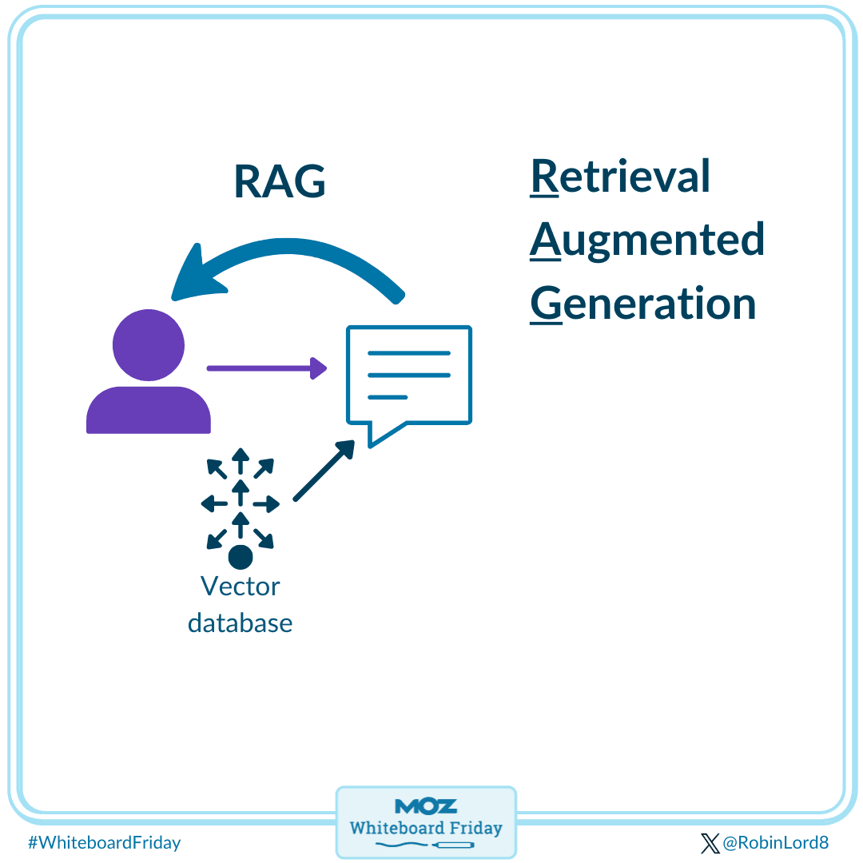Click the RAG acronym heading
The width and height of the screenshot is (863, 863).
(280, 182)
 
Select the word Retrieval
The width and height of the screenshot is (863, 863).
(620, 176)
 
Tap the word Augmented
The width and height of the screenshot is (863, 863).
(647, 240)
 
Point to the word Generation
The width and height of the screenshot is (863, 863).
(642, 304)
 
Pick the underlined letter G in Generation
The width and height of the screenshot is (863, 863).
(546, 304)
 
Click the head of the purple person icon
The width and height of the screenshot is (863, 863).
(149, 345)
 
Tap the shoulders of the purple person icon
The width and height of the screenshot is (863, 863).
(149, 411)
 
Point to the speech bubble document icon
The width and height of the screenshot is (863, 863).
(408, 376)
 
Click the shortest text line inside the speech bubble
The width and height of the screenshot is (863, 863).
(388, 397)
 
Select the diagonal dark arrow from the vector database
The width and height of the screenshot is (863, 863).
(324, 471)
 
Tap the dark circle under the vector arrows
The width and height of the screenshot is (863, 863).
(240, 556)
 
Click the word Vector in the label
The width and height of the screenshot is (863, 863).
(240, 587)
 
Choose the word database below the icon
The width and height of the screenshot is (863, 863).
(240, 622)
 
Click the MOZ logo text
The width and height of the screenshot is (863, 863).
(426, 806)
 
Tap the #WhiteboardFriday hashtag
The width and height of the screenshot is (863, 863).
(104, 842)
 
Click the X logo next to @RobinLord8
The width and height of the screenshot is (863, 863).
(710, 842)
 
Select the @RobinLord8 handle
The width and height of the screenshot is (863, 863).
(775, 842)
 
